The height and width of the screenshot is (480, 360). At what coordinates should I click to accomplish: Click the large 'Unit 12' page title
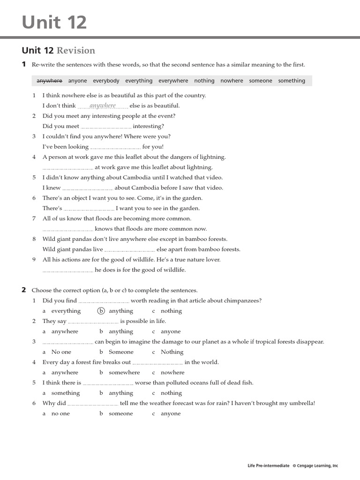pos(54,22)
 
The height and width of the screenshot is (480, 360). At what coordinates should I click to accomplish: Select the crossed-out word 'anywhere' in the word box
pos(49,81)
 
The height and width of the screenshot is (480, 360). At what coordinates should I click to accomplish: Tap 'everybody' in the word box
pos(106,81)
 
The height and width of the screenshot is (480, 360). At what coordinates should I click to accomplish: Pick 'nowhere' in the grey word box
pos(232,81)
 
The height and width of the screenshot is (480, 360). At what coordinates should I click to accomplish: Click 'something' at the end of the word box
pos(291,81)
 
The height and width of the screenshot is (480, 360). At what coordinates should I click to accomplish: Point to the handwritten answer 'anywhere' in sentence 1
pos(102,105)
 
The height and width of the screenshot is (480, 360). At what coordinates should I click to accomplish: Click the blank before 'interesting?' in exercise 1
pos(106,127)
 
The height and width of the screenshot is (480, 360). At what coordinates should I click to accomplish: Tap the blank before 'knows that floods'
pos(67,229)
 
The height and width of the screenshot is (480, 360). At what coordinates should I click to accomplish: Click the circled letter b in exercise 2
pos(101,311)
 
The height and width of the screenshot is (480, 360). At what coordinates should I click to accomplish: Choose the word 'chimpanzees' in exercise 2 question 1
pos(243,300)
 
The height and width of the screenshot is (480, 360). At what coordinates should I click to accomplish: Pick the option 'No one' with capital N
pos(61,352)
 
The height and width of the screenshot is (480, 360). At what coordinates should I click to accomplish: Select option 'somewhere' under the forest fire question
pos(124,373)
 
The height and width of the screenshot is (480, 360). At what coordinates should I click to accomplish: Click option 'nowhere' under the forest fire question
pos(172,373)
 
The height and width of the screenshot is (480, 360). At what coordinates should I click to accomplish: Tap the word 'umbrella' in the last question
pos(301,403)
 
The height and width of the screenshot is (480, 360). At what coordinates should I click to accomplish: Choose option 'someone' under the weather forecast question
pos(120,413)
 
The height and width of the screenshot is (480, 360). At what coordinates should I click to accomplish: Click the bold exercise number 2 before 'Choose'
pos(24,290)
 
